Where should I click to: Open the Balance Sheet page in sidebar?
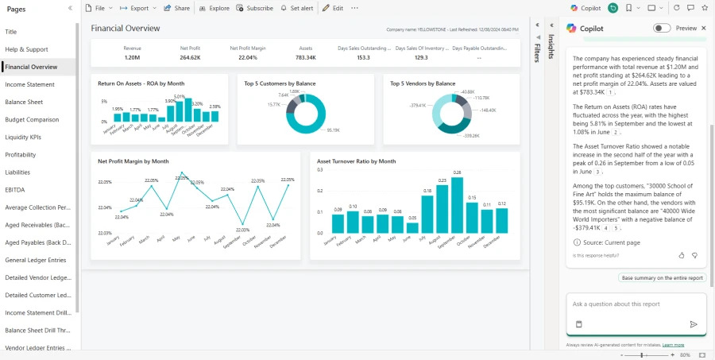(x=24, y=102)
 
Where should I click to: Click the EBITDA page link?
(x=16, y=189)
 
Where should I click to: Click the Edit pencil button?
(x=333, y=8)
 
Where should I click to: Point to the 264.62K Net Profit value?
(x=190, y=57)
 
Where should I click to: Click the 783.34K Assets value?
(x=306, y=57)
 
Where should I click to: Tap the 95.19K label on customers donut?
(x=333, y=130)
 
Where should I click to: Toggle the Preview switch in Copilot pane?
(x=661, y=28)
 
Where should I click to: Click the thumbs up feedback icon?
(x=682, y=255)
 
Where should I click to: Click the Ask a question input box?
(x=636, y=304)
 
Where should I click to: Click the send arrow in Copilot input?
(x=693, y=324)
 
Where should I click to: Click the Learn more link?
(x=673, y=345)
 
